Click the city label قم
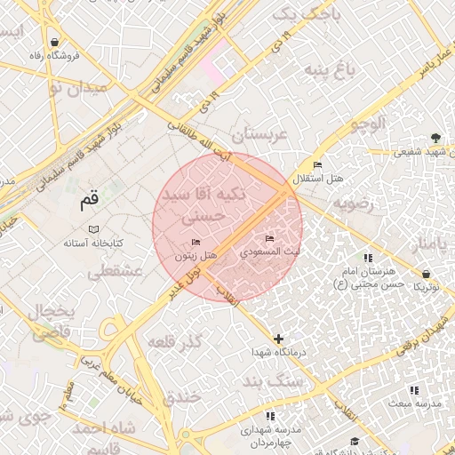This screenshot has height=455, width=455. [89, 200]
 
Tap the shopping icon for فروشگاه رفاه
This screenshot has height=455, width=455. [55, 42]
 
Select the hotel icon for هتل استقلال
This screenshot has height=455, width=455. [317, 165]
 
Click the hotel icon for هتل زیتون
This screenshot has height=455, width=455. [196, 242]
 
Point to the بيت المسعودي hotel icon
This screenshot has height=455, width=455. [270, 238]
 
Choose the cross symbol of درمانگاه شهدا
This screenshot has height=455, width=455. [279, 339]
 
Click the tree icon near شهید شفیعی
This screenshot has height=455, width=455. [435, 138]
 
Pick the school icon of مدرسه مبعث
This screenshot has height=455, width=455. [413, 390]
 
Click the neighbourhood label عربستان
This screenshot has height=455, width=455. [260, 135]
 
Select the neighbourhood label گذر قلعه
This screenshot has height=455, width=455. [174, 342]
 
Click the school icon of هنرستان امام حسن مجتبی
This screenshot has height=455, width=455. [367, 258]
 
